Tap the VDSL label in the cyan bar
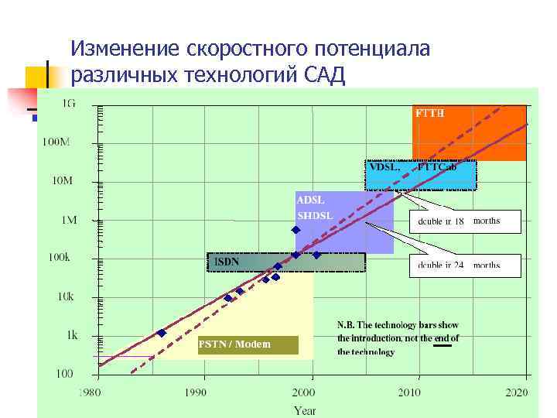384,166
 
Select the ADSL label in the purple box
310,200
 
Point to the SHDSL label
315,215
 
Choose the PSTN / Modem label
234,344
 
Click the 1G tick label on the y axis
69,103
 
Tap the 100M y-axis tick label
56,142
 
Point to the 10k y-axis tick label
66,296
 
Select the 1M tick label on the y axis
69,220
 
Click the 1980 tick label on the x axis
89,392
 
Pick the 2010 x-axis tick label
409,392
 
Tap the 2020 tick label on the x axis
516,392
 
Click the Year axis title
305,409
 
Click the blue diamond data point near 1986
161,333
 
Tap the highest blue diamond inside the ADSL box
296,230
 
